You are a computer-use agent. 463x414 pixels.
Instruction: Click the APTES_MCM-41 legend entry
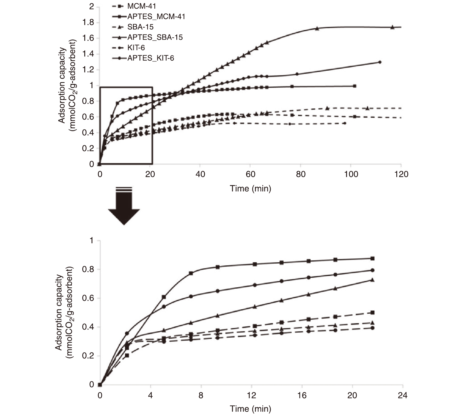(x=156, y=17)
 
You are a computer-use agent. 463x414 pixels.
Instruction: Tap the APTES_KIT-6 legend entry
(x=151, y=58)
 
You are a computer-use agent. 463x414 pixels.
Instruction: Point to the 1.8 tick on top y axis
(x=88, y=22)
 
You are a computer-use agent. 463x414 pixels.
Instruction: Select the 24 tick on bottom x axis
(x=403, y=395)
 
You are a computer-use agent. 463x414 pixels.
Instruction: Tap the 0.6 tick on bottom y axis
(x=88, y=298)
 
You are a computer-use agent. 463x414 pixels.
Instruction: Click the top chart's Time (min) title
(x=250, y=189)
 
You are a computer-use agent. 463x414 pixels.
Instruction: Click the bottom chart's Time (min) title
(x=250, y=409)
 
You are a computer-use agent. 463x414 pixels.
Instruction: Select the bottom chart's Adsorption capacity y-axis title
(x=64, y=312)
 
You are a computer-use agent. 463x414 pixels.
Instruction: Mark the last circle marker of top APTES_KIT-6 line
(x=380, y=62)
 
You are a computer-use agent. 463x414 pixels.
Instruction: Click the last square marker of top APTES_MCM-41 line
(x=355, y=86)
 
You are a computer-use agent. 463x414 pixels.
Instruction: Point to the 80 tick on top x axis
(x=301, y=174)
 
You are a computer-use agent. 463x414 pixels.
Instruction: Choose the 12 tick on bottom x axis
(x=251, y=395)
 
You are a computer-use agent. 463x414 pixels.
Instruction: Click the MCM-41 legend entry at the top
(x=141, y=6)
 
